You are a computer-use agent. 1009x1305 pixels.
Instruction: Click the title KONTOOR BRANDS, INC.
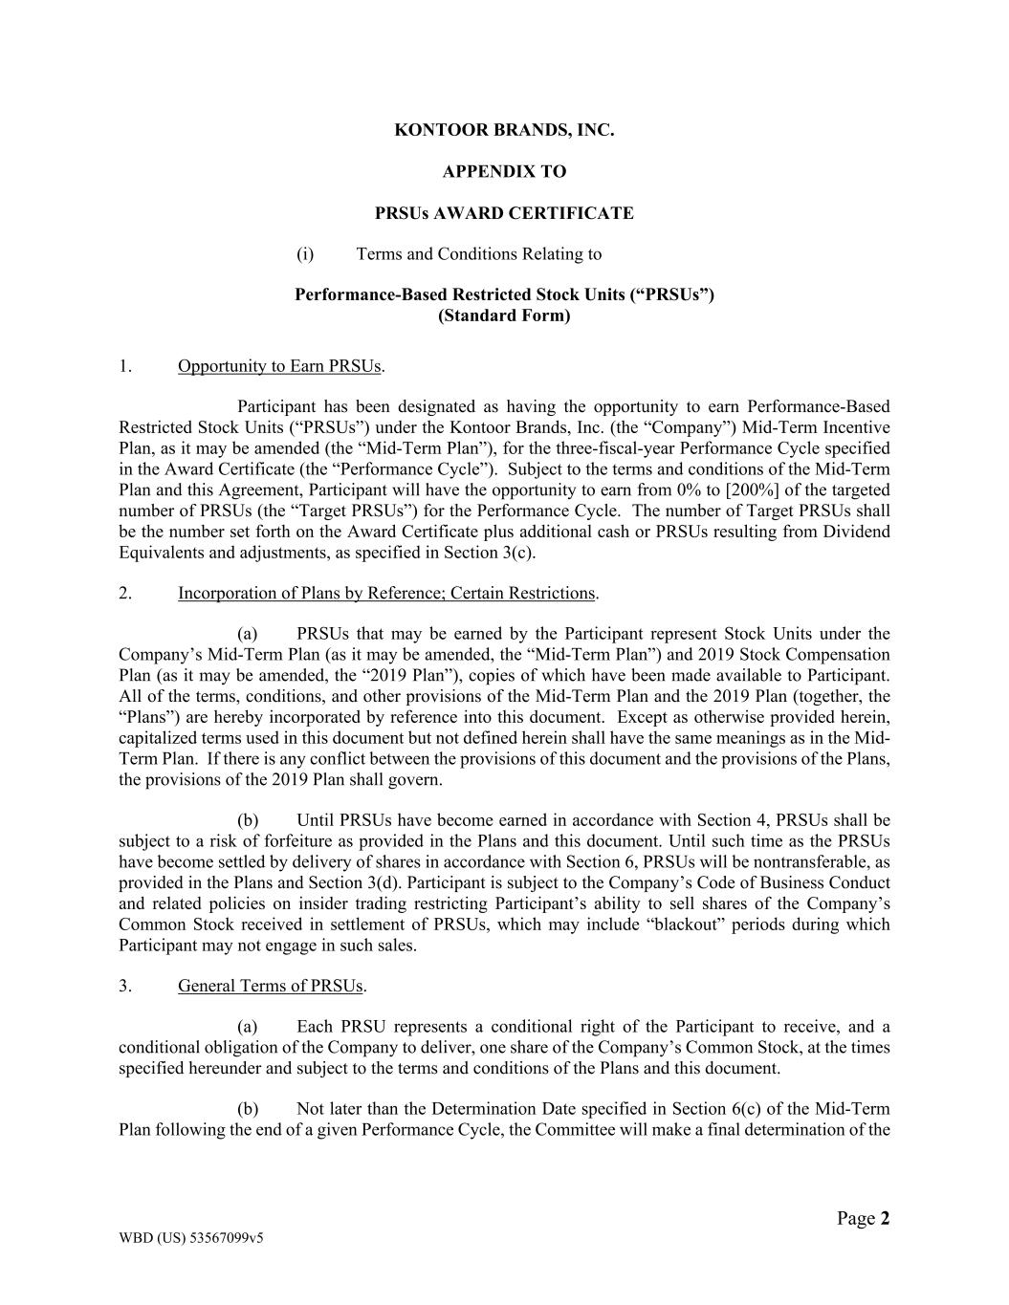click(x=504, y=130)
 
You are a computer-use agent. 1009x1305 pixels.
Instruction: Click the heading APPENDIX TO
click(x=504, y=172)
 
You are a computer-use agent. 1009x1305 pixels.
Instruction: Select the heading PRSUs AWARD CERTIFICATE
click(x=504, y=213)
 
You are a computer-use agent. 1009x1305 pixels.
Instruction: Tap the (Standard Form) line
click(x=504, y=315)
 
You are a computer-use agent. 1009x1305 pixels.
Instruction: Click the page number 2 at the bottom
click(x=885, y=1218)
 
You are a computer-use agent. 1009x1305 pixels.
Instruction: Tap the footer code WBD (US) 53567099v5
click(x=191, y=1238)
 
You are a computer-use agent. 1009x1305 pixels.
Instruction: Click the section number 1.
click(x=125, y=366)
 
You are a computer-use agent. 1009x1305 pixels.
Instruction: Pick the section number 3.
click(x=125, y=987)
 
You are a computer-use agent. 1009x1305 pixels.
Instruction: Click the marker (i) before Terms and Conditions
click(x=305, y=254)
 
